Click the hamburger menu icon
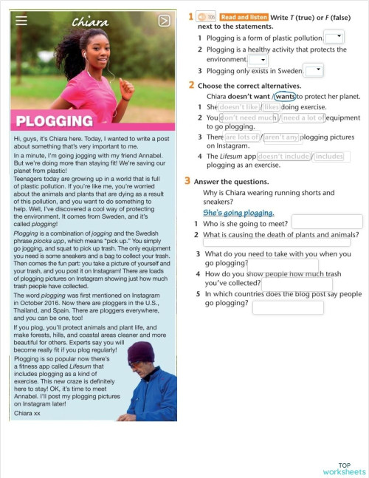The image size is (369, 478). [21, 21]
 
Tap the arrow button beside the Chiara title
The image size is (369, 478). [164, 21]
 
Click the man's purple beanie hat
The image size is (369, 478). [141, 352]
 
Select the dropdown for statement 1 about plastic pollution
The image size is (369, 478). [334, 37]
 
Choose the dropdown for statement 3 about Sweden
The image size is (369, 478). [314, 70]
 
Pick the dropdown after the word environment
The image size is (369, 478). [258, 60]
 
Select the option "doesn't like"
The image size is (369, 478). [239, 107]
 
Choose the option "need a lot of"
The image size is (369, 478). [303, 117]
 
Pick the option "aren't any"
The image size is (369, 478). [282, 137]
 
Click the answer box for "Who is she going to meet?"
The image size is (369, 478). [327, 222]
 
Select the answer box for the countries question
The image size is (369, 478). [288, 307]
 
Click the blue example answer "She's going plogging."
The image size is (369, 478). [238, 212]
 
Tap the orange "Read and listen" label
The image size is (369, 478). [244, 16]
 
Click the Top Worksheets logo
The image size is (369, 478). [344, 468]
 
